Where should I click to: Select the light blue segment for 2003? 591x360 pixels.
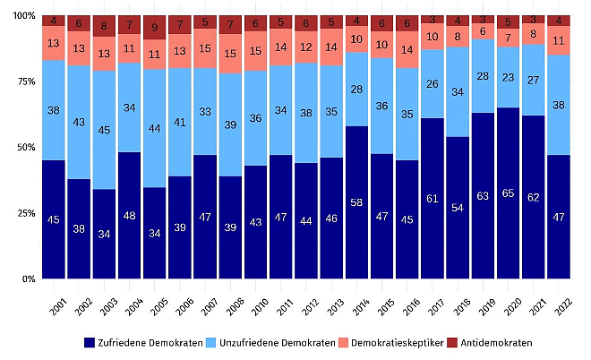(104, 130)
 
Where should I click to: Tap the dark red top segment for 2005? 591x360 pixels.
(155, 26)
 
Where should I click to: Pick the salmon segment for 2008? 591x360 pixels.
(230, 54)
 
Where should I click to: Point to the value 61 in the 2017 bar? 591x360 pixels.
(432, 198)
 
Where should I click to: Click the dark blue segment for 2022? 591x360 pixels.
(559, 217)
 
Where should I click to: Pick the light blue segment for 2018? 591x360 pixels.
(458, 92)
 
